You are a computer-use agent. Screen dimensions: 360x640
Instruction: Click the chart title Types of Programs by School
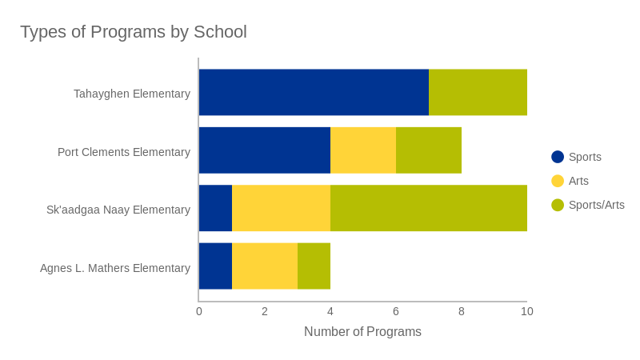tap(134, 32)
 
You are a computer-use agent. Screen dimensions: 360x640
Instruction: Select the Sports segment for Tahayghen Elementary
tap(314, 92)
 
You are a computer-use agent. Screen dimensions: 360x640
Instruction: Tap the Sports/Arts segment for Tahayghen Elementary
tap(478, 92)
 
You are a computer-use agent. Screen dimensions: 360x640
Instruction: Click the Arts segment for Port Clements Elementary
tap(363, 150)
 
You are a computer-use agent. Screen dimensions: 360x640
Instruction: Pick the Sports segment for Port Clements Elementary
tap(265, 150)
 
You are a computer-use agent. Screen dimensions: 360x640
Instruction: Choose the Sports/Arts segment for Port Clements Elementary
tap(429, 150)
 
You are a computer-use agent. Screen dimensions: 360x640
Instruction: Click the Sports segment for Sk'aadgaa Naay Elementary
tap(215, 208)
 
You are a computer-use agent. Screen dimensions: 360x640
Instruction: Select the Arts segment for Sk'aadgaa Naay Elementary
tap(281, 208)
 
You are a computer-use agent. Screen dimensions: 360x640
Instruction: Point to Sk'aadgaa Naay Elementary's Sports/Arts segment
tap(429, 208)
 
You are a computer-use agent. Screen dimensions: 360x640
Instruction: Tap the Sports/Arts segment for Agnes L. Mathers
tap(314, 266)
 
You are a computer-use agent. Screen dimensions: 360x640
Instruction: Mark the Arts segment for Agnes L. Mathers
tap(265, 266)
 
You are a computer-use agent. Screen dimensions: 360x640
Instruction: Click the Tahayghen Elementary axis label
tap(132, 94)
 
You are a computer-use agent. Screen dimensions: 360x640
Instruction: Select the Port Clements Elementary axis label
tap(124, 152)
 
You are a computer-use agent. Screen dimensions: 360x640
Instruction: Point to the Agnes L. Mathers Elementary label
tap(115, 268)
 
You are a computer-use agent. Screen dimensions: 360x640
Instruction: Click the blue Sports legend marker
tap(558, 157)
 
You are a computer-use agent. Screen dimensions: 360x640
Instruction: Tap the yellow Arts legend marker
tap(558, 181)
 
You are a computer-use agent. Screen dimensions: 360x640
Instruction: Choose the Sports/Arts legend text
tap(597, 205)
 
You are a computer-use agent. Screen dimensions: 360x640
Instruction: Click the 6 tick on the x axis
tap(396, 311)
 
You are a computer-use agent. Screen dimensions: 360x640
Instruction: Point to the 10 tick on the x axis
tap(527, 311)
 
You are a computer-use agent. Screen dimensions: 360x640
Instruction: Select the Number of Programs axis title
tap(362, 331)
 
